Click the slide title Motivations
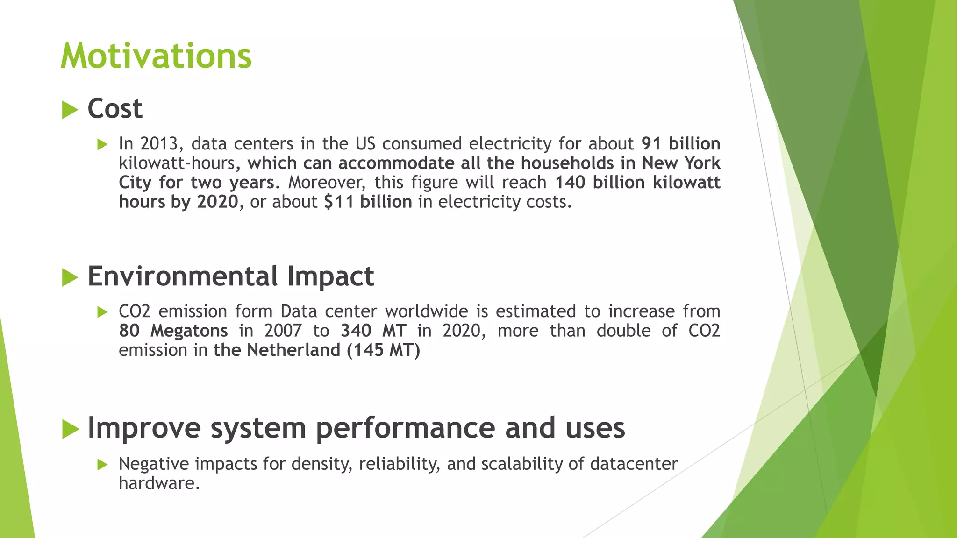tap(156, 56)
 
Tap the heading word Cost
tap(115, 109)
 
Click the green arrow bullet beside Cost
tap(70, 110)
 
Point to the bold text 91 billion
tap(681, 143)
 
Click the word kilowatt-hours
tap(177, 163)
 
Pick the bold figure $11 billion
tap(368, 202)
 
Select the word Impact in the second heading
tap(330, 276)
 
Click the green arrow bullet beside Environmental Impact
tap(70, 278)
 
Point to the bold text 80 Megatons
tap(173, 331)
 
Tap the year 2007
tap(283, 331)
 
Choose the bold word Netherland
tap(293, 350)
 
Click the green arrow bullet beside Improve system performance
tap(70, 429)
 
